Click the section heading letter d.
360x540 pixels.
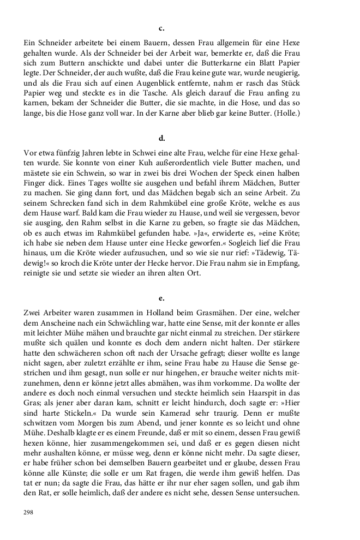pos(161,139)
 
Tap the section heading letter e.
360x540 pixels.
pos(161,298)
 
